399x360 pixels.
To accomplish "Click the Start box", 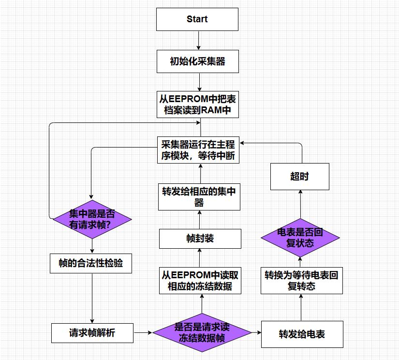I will (x=197, y=19).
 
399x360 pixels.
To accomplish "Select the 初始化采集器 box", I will (x=198, y=61).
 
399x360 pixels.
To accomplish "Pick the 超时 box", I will (x=299, y=176).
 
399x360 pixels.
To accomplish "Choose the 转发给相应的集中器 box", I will (x=199, y=196).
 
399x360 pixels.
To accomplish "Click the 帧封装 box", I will (x=200, y=239).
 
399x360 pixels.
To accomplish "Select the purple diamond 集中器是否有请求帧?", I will (x=92, y=219).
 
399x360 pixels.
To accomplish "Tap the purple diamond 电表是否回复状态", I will (x=300, y=237).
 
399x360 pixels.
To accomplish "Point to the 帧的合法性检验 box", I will (x=91, y=263).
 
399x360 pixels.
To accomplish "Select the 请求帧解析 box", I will (x=92, y=333).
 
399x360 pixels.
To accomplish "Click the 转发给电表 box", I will (x=302, y=334).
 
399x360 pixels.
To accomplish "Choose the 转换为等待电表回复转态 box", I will (x=301, y=281).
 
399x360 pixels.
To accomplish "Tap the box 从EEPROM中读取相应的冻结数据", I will (x=200, y=281).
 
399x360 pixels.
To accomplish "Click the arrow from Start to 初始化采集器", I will (x=197, y=41).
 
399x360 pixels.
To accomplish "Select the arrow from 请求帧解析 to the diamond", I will (x=143, y=332).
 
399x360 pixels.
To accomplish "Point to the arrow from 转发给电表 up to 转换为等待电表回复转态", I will (x=301, y=307).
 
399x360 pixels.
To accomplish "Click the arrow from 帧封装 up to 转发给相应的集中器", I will (x=200, y=220).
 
